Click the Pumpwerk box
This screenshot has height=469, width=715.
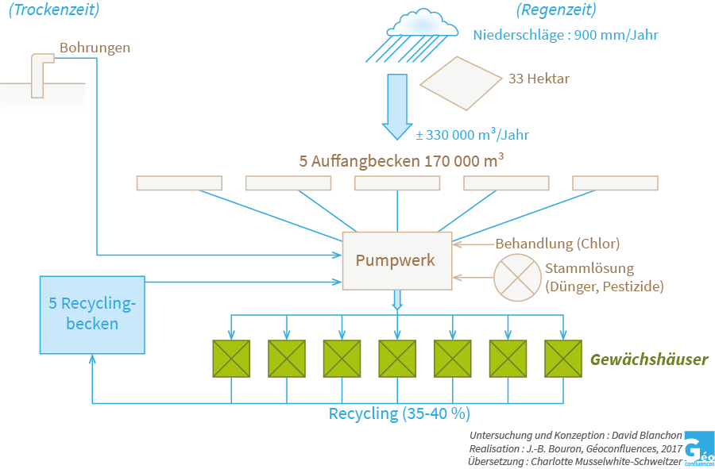tap(396, 261)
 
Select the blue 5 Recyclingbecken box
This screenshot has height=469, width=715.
tap(92, 314)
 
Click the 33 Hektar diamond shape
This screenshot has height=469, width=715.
tap(461, 83)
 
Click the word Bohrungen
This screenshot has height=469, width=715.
tap(95, 48)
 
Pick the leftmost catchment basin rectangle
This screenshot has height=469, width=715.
tap(179, 183)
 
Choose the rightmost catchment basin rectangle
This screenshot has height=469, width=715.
tap(615, 183)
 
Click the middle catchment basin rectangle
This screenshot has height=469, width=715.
tap(396, 183)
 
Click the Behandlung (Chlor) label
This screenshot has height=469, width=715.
tap(557, 243)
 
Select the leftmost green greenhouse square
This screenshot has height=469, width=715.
tap(231, 359)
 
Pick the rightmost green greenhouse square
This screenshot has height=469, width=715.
tap(563, 359)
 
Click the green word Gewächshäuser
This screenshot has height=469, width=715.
tap(648, 359)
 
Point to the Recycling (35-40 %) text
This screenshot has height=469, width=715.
tap(399, 413)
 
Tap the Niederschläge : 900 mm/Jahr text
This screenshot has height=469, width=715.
tap(565, 35)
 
